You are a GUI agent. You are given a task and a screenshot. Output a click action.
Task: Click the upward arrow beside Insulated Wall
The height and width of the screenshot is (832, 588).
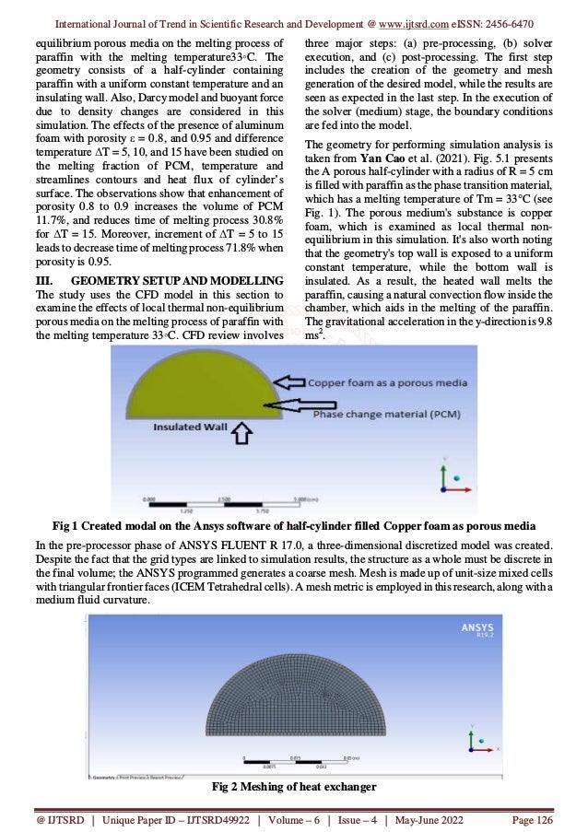coord(242,432)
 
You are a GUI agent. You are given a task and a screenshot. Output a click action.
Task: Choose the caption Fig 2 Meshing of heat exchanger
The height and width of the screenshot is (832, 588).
coord(292,787)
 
